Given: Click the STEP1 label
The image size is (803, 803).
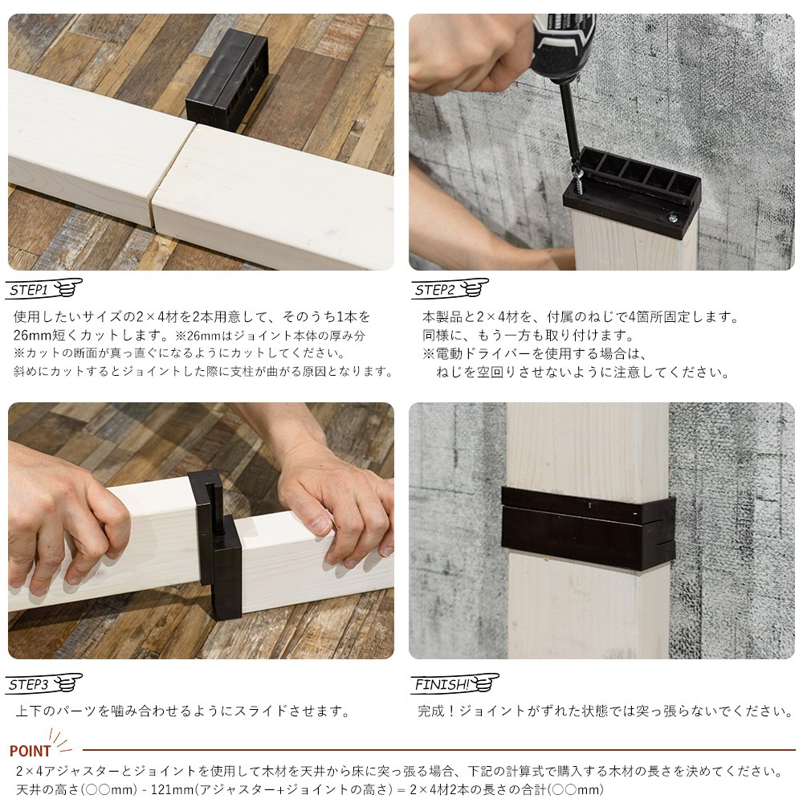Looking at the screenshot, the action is coord(29,290).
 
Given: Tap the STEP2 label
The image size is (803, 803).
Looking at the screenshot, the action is coord(434,290).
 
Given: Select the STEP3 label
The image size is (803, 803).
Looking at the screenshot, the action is coord(29,684).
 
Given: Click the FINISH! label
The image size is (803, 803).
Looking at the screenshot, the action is coord(442,684).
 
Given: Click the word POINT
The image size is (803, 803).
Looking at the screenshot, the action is coord(31,751).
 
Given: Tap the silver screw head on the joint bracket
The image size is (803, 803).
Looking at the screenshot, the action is coord(672,218).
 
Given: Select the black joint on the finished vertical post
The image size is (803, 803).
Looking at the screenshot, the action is coord(588,528).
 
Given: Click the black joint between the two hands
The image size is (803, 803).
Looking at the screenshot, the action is coord(216,544).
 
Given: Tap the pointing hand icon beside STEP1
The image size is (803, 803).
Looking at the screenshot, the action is coord(67,287).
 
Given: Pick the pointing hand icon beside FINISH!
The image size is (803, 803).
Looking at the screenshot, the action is coord(484,683).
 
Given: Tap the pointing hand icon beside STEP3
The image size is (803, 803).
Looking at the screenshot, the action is coord(67,683).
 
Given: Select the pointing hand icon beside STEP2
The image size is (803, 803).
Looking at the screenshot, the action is coord(475,287).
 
